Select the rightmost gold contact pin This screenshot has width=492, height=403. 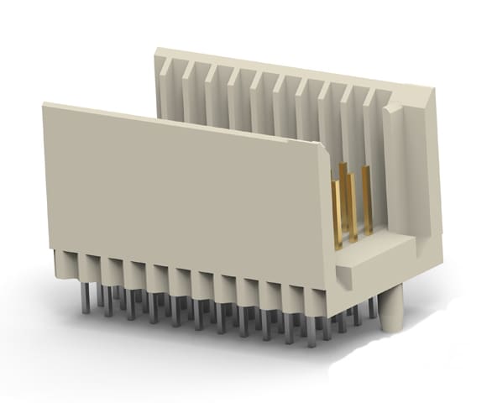click(366, 201)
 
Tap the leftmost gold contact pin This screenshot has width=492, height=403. click(337, 214)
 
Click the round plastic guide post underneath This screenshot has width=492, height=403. click(391, 311)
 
